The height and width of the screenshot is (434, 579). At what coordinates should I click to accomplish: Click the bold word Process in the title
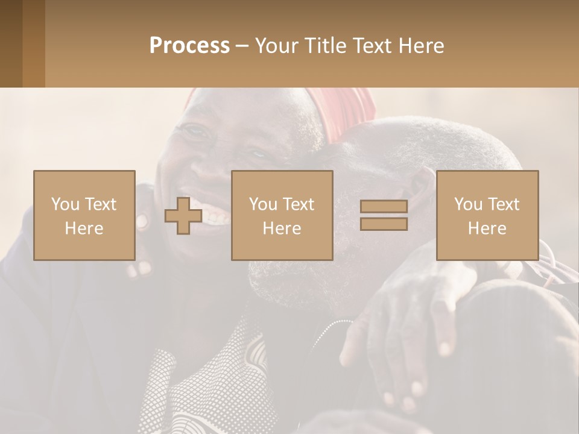[x=189, y=46]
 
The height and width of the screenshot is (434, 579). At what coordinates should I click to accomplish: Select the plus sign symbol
[x=183, y=216]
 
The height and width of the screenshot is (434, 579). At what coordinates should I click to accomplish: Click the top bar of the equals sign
[x=384, y=207]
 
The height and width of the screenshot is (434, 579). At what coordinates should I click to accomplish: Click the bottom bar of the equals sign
[x=384, y=224]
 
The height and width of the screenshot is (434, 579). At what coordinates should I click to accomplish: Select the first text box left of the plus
[x=84, y=215]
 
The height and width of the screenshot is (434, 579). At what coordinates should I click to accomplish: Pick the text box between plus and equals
[x=282, y=215]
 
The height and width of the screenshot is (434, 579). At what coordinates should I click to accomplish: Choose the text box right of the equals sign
[x=487, y=215]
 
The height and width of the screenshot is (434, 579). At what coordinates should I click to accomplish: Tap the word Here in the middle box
[x=282, y=228]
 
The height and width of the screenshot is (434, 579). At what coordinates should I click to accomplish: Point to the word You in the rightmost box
[x=469, y=204]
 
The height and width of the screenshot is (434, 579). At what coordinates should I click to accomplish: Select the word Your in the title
[x=276, y=46]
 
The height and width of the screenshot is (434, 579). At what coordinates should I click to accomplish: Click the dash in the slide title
[x=242, y=46]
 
